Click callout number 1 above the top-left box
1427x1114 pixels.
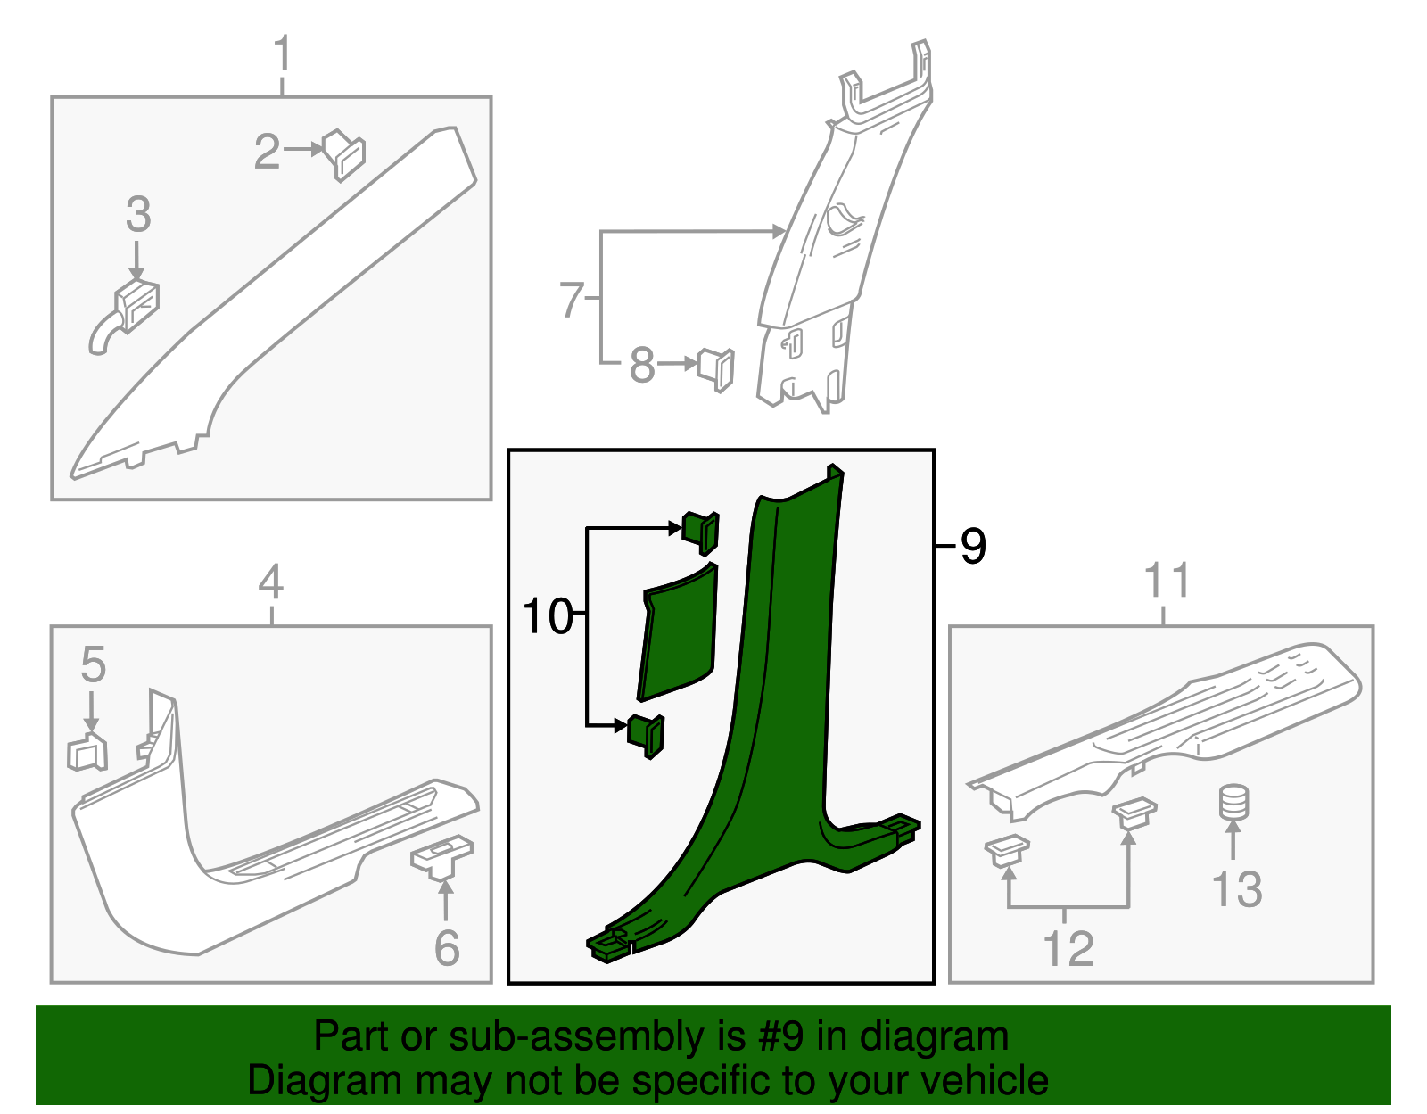[x=283, y=54]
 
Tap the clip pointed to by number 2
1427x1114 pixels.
[x=344, y=154]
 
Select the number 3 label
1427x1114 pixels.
[x=138, y=215]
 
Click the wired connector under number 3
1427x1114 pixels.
[x=132, y=309]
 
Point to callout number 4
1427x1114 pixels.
[x=271, y=583]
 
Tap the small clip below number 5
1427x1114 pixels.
[x=87, y=753]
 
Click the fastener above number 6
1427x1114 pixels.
[x=442, y=856]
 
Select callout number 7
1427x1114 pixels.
[x=572, y=300]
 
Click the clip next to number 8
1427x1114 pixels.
[x=717, y=368]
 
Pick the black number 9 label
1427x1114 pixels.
[x=974, y=546]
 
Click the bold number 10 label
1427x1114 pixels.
[x=547, y=616]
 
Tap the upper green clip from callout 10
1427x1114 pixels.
[x=702, y=532]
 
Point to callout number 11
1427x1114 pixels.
[x=1167, y=582]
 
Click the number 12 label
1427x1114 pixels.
[x=1068, y=948]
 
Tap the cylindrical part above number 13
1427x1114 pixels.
[x=1233, y=802]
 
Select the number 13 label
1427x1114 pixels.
[x=1237, y=889]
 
